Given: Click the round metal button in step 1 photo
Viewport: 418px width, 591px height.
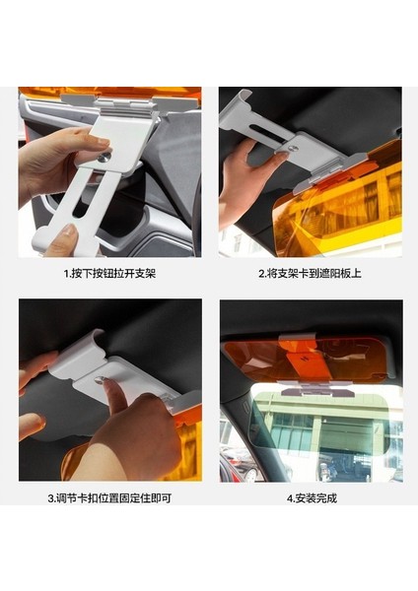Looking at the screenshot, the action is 104,157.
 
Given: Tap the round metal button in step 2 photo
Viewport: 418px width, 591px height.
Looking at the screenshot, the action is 293,147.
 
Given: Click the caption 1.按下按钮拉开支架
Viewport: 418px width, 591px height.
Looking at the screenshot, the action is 109,273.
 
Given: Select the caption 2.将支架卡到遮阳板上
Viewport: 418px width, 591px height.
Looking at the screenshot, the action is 310,273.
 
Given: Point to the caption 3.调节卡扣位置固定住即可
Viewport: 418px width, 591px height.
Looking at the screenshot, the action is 109,498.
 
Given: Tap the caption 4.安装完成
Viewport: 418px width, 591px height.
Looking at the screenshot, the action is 312,498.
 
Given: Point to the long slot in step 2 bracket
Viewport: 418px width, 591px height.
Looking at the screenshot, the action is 267,133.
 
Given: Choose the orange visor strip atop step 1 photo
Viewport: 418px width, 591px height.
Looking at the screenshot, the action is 109,93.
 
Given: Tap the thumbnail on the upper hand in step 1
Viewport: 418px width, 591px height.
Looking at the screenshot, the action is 102,142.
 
